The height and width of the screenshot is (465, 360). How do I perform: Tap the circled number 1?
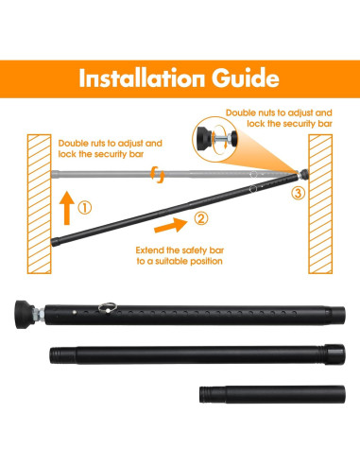[83, 208]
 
